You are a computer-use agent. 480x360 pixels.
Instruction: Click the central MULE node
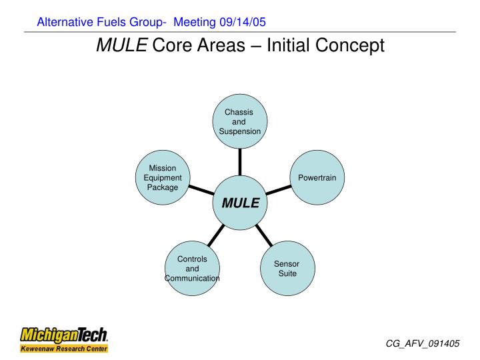click(x=240, y=203)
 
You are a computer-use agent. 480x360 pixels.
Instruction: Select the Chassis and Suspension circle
click(x=240, y=122)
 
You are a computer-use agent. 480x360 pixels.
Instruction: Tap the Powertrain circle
click(x=317, y=178)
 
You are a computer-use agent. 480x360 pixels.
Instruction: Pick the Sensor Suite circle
click(x=287, y=269)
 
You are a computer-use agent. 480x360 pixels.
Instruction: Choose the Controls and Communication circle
click(x=192, y=269)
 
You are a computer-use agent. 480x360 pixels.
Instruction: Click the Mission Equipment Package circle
click(x=163, y=178)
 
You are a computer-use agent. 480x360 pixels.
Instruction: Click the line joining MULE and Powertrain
click(x=279, y=191)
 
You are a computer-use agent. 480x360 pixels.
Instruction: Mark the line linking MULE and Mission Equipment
click(x=201, y=191)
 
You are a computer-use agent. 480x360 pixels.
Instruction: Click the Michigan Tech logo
click(x=64, y=333)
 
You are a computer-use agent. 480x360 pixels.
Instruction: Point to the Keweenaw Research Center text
click(x=63, y=348)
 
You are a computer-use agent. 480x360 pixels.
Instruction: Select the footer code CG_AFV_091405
click(x=423, y=343)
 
